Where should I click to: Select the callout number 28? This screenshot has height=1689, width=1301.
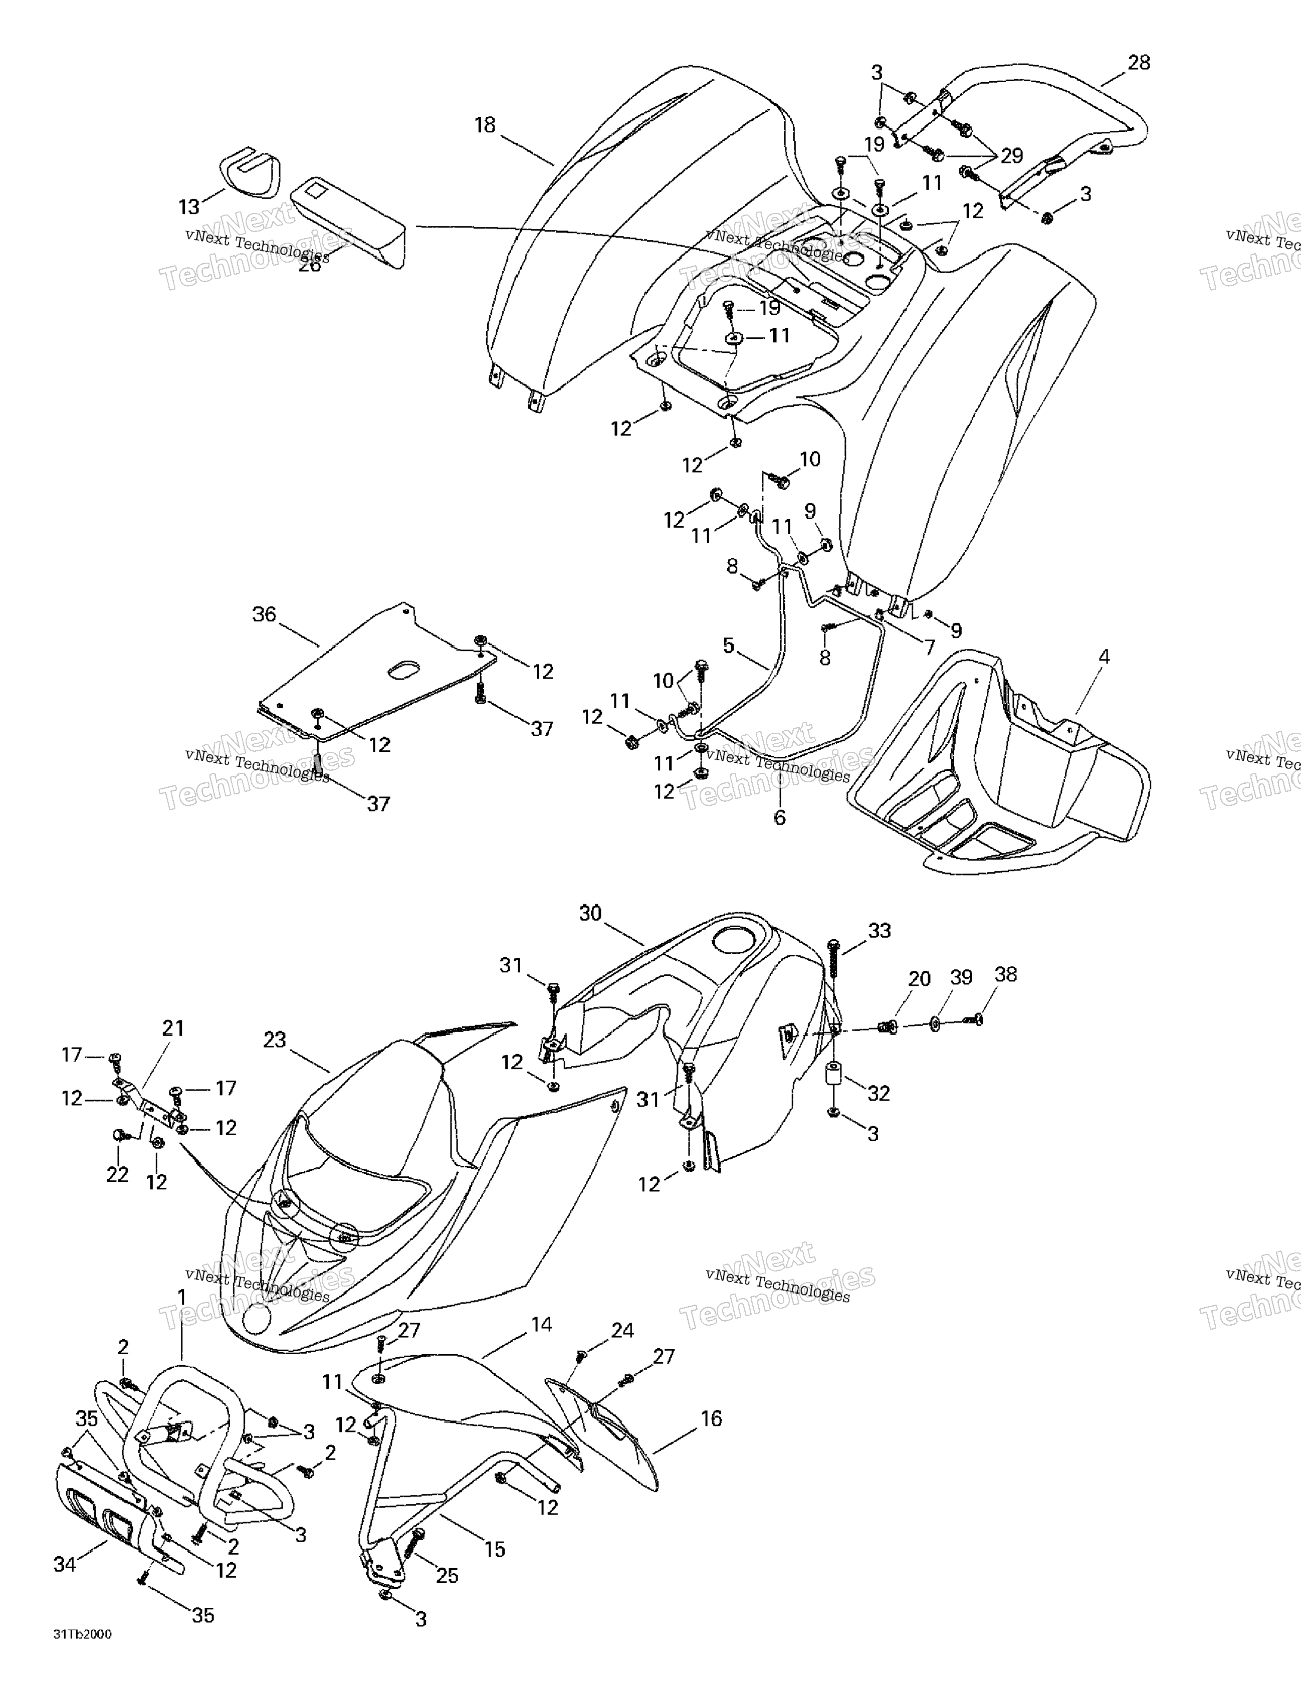click(x=1139, y=63)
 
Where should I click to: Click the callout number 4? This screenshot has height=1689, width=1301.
click(x=1104, y=658)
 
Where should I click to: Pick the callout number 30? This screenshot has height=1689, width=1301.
click(x=590, y=913)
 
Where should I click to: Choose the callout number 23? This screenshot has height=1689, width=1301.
click(x=275, y=1040)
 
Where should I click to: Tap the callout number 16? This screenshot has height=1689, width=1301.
click(x=711, y=1418)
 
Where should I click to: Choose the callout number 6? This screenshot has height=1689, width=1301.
click(x=780, y=817)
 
